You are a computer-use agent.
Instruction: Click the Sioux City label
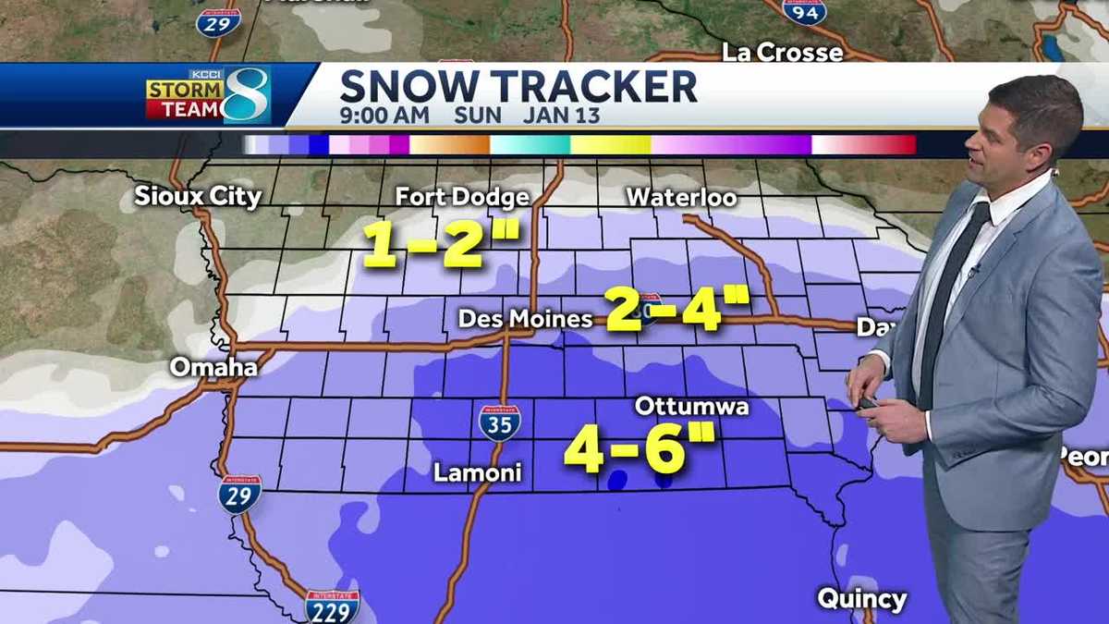(198, 196)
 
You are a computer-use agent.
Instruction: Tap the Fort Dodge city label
(462, 197)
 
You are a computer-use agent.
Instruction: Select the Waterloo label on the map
(681, 198)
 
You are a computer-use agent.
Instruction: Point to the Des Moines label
(526, 320)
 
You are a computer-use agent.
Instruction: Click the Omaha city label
(213, 367)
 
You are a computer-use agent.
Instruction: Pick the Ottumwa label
(691, 407)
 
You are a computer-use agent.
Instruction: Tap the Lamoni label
(478, 473)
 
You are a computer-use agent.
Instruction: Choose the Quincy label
(861, 599)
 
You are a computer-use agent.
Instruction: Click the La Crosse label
(782, 53)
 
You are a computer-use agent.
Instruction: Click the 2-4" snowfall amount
(676, 309)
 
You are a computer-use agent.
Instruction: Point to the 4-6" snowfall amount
(640, 449)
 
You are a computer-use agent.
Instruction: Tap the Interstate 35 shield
(498, 422)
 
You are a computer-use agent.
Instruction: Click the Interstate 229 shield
(332, 606)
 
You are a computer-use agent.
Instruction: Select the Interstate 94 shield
(803, 11)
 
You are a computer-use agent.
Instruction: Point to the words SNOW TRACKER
(518, 86)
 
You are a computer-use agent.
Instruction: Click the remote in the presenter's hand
(868, 403)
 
